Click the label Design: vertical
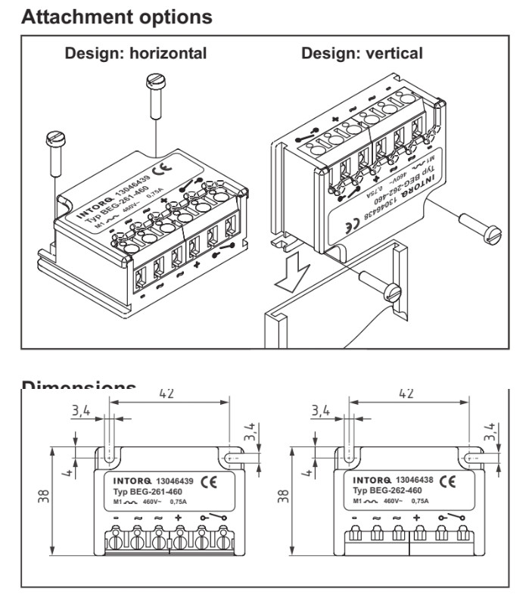pyautogui.click(x=362, y=54)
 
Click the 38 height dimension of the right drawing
pyautogui.click(x=282, y=498)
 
